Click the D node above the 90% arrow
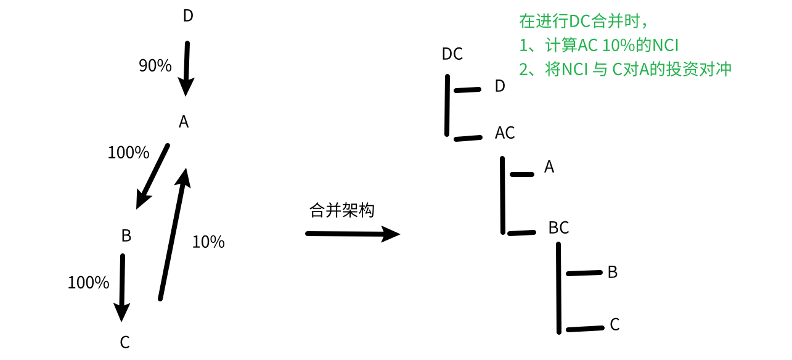[188, 16]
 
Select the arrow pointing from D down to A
[187, 68]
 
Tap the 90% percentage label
[155, 66]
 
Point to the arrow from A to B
[152, 176]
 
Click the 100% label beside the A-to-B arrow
[128, 153]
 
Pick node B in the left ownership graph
[126, 235]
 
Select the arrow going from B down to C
[122, 287]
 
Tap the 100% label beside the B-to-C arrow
[88, 283]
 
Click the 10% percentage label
[208, 242]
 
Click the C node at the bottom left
[125, 343]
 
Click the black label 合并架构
[342, 210]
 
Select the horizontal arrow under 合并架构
[353, 234]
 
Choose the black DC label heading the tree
[452, 54]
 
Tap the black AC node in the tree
[505, 133]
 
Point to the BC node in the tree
[558, 228]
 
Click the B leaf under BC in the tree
[612, 272]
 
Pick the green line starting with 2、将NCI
[625, 69]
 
